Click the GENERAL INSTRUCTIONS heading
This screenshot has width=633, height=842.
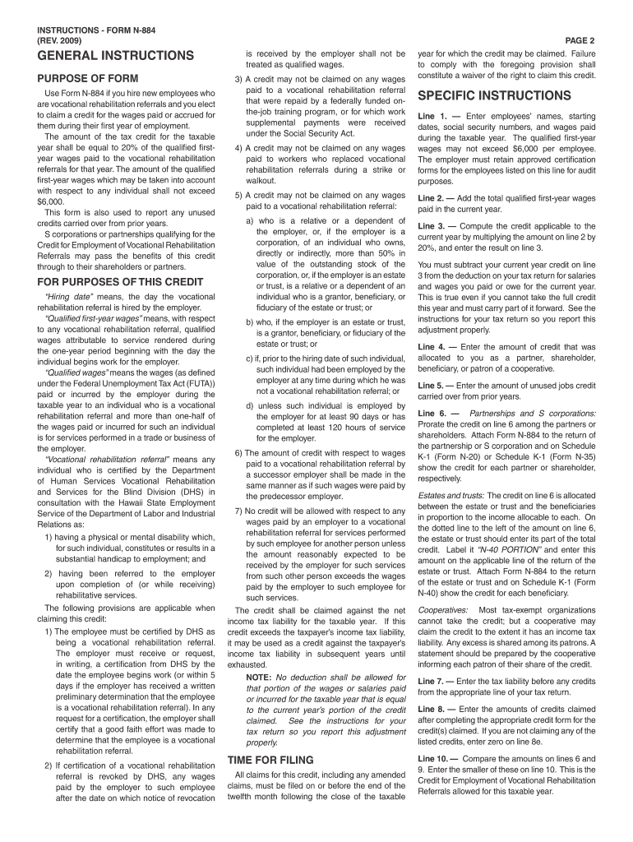[111, 56]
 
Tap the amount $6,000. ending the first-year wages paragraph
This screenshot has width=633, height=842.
[52, 200]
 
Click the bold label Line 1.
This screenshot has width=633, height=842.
[432, 116]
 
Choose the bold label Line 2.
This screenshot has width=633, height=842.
[432, 198]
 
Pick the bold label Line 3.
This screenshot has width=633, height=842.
[432, 225]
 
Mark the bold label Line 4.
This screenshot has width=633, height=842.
[432, 347]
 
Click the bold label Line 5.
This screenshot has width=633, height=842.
[432, 385]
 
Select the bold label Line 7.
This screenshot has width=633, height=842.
[432, 681]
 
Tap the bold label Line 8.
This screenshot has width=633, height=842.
[432, 709]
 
